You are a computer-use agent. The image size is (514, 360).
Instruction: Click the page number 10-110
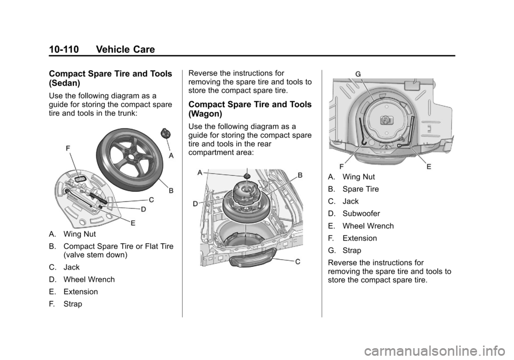pos(64,49)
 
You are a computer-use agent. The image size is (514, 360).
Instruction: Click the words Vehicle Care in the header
pos(125,49)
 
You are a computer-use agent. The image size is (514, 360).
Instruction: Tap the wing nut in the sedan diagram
pos(165,133)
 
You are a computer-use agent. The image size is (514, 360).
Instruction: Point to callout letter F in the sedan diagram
pos(68,148)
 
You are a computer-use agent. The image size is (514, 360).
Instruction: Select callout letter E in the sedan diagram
pos(133,223)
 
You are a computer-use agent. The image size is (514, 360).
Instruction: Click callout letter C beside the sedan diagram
pos(151,200)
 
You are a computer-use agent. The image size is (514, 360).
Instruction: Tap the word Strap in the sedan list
pos(73,304)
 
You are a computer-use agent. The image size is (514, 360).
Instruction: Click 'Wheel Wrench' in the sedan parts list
pos(89,279)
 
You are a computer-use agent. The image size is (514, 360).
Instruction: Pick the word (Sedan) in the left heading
pos(65,83)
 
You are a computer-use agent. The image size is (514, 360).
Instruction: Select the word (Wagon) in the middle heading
pos(205,114)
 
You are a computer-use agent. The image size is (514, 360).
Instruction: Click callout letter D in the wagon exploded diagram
pos(195,204)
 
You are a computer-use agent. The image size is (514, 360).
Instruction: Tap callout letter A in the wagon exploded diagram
pos(200,173)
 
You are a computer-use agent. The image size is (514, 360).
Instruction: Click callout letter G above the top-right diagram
pos(358,74)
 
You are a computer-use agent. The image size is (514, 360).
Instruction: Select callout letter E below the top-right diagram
pos(429,167)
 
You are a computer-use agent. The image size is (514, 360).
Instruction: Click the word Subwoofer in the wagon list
pos(361,213)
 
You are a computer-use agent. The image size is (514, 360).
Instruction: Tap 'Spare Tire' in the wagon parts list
pos(360,189)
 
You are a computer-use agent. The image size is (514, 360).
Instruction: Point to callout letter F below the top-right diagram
pos(342,167)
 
